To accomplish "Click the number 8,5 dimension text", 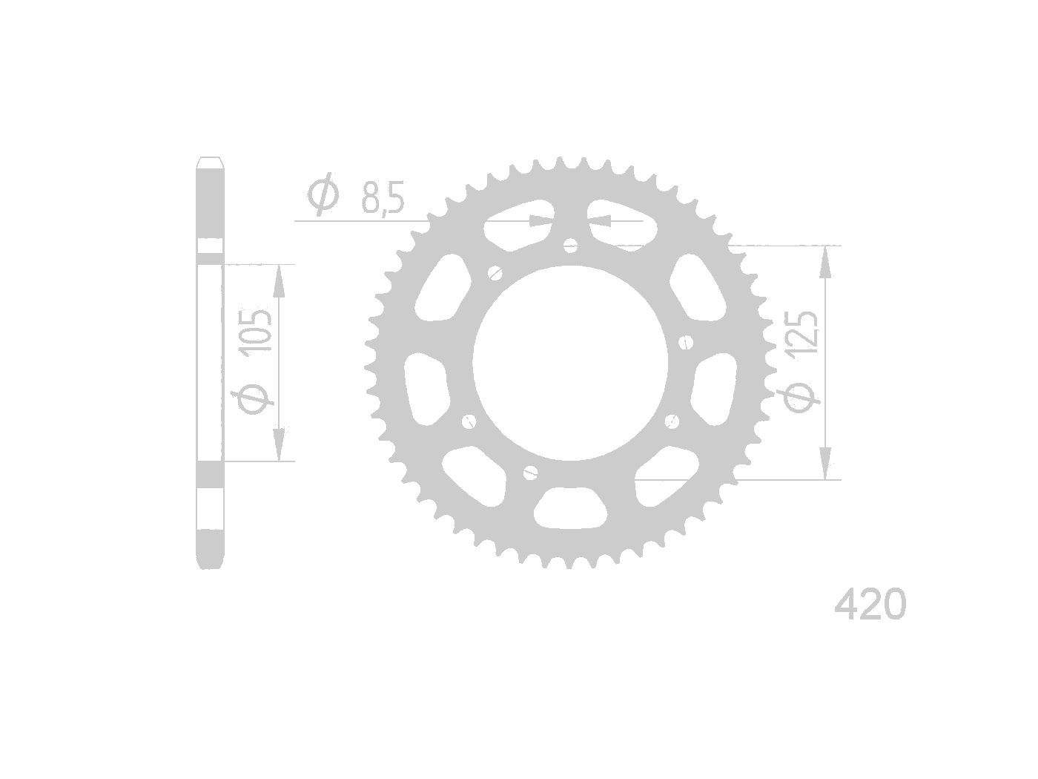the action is [383, 197].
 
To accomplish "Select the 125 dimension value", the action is [800, 332].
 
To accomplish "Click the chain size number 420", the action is [870, 604].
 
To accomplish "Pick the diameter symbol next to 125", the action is [801, 396].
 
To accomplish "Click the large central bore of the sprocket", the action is [570, 363].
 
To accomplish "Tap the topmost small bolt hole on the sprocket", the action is [571, 245].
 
